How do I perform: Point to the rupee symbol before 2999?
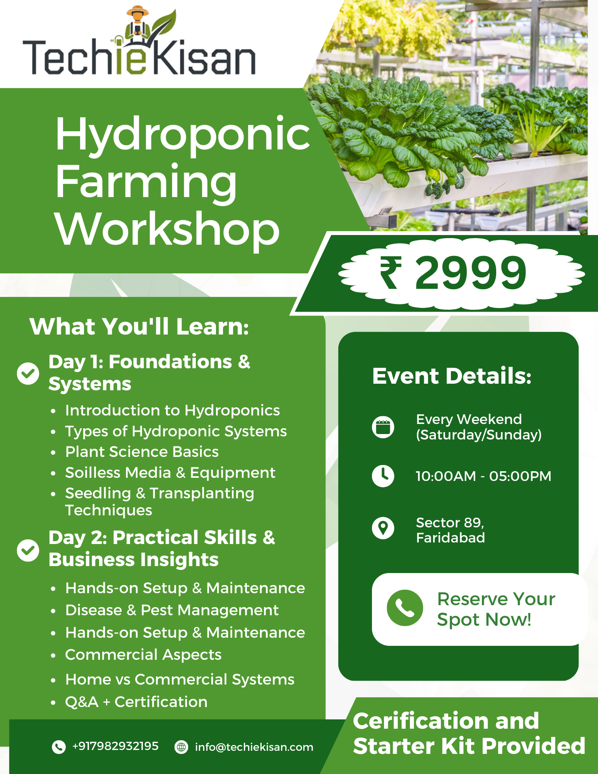coord(390,273)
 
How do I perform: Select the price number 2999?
coord(470,273)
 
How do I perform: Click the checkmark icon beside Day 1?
coord(28,374)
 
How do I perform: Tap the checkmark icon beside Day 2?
coord(28,550)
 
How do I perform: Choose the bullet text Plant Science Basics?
coord(142,452)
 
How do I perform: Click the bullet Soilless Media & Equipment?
coord(170,472)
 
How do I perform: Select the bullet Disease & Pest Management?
coord(172,610)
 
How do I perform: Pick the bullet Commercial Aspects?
coord(143,655)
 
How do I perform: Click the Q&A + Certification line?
coord(136,702)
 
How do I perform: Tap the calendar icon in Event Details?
coord(383,427)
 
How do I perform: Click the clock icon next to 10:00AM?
coord(383,476)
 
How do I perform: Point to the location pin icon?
coord(383,528)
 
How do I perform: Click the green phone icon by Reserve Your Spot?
coord(404,608)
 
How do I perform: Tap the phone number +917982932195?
coord(115,746)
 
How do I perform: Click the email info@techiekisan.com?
coord(254,747)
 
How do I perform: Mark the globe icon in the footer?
coord(181,747)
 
